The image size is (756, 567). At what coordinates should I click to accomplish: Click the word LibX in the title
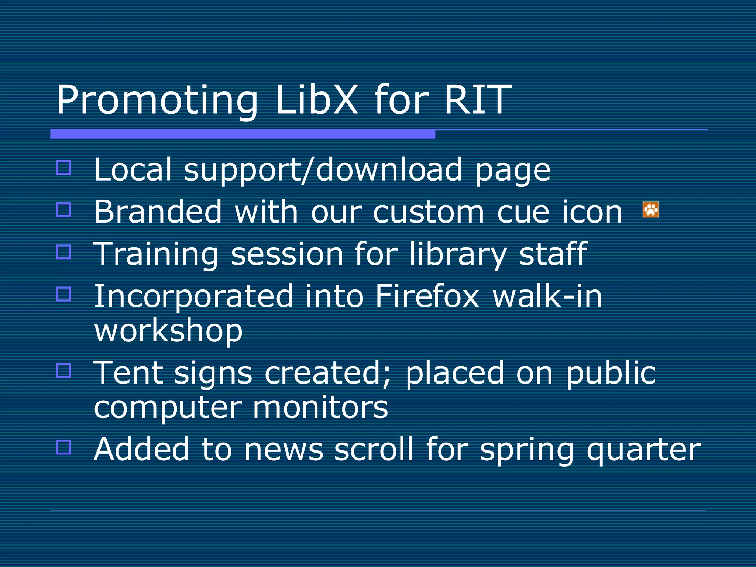[x=316, y=100]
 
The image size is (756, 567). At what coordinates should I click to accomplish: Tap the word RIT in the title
[x=477, y=100]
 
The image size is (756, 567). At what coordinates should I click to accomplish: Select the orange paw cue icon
[x=650, y=210]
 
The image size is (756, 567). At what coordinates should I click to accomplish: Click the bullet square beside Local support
[x=63, y=167]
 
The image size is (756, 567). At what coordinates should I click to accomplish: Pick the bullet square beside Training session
[x=63, y=252]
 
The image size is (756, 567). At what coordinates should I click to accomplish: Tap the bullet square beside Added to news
[x=63, y=447]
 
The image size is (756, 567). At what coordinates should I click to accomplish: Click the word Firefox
[x=427, y=296]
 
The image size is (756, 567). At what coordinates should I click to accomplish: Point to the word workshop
[x=168, y=330]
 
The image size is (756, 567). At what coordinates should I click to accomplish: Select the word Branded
[x=158, y=212]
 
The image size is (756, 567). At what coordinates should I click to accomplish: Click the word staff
[x=553, y=254]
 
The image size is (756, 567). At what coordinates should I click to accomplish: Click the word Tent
[x=128, y=373]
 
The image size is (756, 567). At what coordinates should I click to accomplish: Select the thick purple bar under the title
[x=243, y=134]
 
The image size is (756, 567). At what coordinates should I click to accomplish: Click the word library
[x=458, y=254]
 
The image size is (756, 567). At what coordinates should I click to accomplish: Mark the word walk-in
[x=547, y=296]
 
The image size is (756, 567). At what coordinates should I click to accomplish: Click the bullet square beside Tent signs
[x=63, y=370]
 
